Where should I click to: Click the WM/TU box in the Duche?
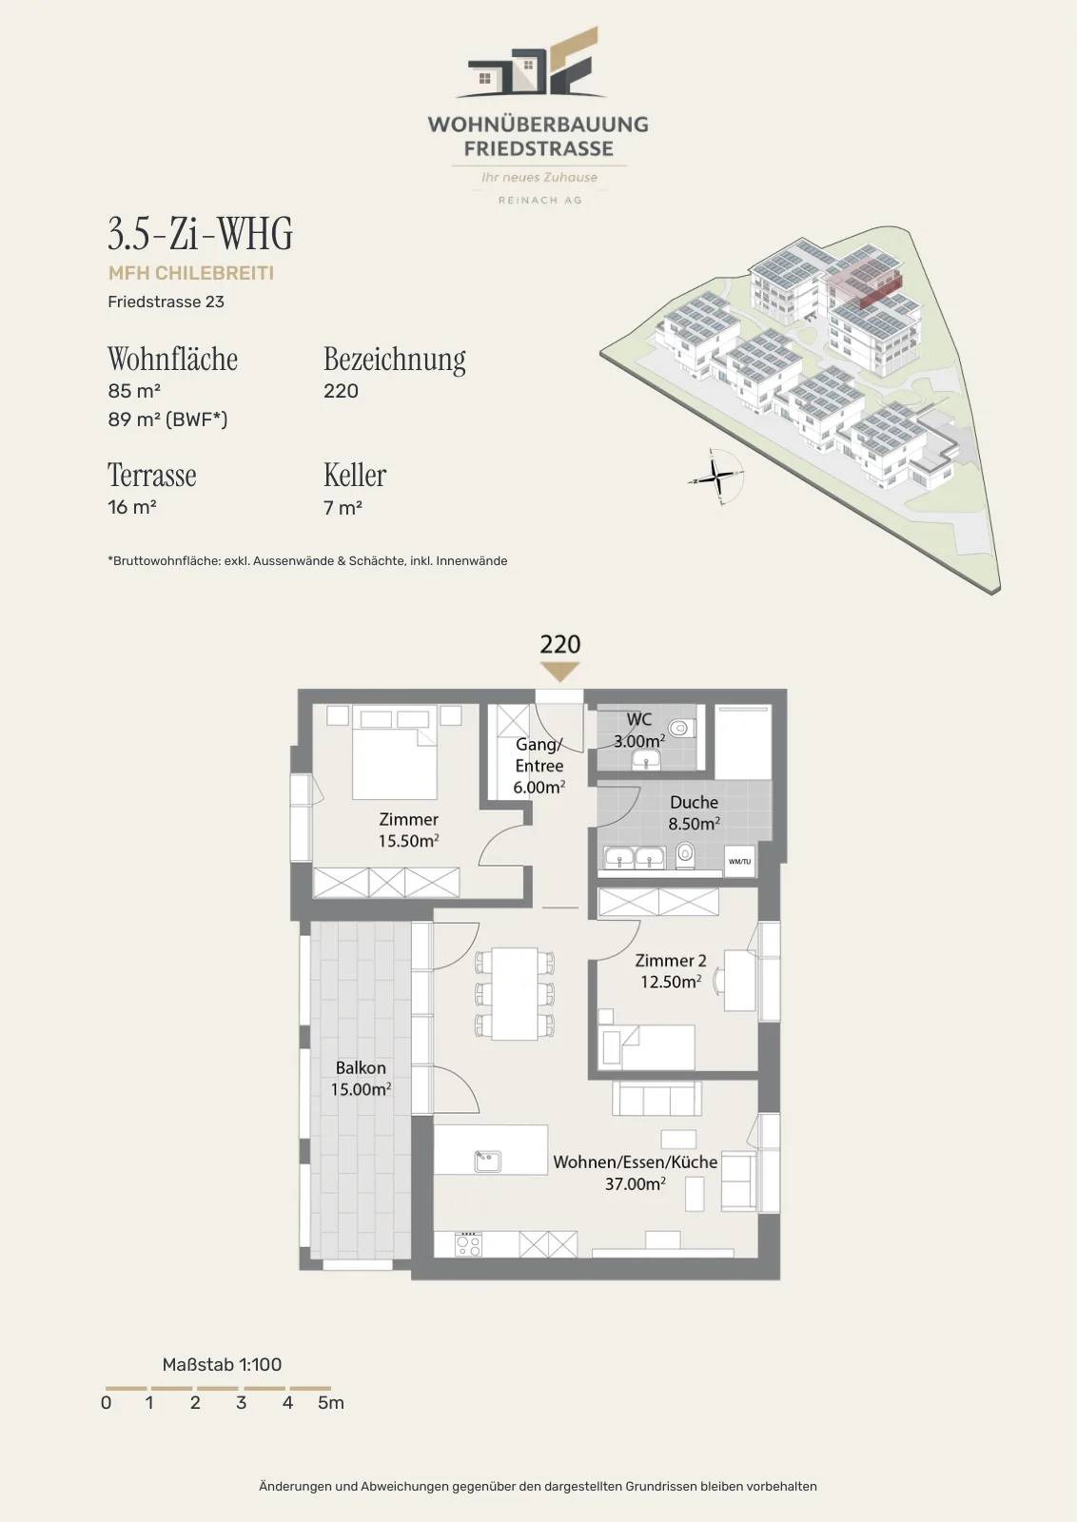pos(739,862)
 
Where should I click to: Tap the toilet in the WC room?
pos(679,729)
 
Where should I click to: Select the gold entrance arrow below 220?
pos(559,672)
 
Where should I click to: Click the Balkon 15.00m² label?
pos(361,1079)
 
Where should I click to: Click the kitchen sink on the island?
pos(488,1161)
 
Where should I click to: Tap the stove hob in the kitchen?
pos(468,1244)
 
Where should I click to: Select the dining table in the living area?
pos(515,993)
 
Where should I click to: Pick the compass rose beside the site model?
pos(716,477)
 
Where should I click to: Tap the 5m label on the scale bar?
pos(331,1402)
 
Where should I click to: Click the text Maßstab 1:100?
pos(222,1364)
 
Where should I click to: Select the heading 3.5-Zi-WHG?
pos(201,234)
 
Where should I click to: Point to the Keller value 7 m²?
pos(343,508)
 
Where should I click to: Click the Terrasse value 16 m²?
pos(132,507)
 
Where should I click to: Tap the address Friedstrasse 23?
pos(166,302)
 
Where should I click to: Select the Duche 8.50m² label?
pos(694,812)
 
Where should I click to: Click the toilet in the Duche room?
pos(685,855)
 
